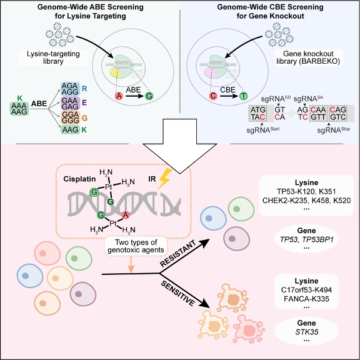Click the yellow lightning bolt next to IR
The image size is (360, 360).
[165, 179]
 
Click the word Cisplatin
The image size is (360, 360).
[79, 179]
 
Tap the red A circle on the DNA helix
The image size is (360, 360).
[126, 215]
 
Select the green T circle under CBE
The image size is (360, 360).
[243, 96]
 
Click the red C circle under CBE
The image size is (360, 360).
[213, 96]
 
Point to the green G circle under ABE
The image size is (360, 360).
[149, 96]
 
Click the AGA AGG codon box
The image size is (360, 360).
[70, 89]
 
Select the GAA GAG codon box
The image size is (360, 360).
[70, 103]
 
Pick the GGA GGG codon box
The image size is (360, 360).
[70, 117]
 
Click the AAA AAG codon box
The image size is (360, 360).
[19, 109]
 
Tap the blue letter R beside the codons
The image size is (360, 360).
[84, 89]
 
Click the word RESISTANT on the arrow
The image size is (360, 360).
[178, 254]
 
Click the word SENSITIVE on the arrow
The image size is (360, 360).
[178, 293]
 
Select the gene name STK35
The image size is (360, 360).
[306, 332]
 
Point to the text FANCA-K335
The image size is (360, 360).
[306, 299]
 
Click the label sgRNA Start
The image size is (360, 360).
[263, 129]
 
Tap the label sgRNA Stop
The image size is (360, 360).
[334, 129]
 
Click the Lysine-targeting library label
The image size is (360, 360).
[53, 57]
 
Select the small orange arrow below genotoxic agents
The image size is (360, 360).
[131, 264]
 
